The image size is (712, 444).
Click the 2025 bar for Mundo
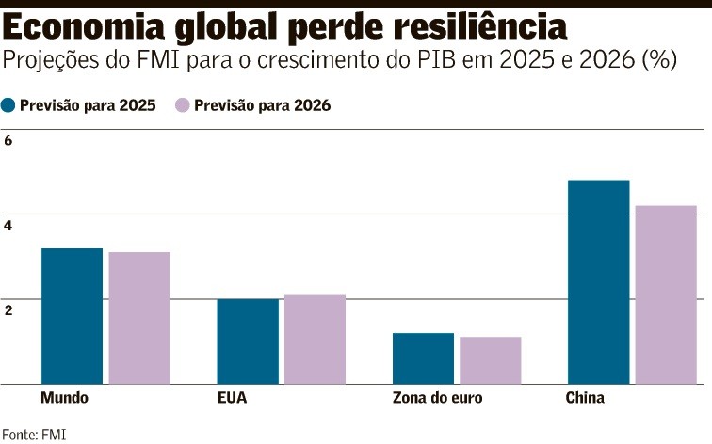click(72, 316)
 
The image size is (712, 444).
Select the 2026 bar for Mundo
click(139, 318)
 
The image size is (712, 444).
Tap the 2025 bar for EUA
click(248, 341)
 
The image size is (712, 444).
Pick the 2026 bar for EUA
click(315, 340)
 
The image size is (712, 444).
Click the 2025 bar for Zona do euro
click(423, 358)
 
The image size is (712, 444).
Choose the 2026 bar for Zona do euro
click(490, 360)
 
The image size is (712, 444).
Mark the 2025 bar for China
click(598, 282)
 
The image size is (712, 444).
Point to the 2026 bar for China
click(666, 294)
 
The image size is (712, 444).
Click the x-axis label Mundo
click(65, 398)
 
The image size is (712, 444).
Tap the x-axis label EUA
click(232, 398)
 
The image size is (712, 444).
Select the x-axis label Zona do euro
click(437, 398)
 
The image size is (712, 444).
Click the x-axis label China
click(585, 398)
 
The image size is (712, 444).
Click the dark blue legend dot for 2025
click(9, 105)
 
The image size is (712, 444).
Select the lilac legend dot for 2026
click(183, 105)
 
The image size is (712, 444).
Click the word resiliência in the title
click(472, 24)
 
